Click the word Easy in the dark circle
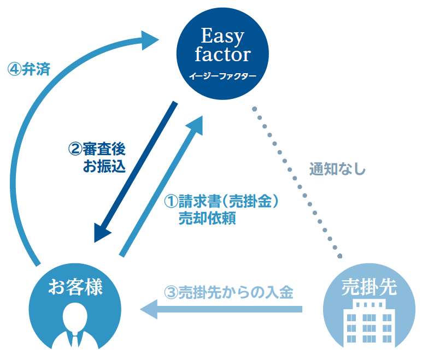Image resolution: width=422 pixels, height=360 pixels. [x=222, y=37]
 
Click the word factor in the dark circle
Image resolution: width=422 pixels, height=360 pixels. [x=222, y=55]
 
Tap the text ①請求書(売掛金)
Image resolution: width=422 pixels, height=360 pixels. [x=222, y=202]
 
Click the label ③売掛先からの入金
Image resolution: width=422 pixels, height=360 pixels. [x=229, y=292]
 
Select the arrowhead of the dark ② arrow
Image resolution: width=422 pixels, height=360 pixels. [x=102, y=232]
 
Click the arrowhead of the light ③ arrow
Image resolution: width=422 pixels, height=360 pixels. [x=149, y=310]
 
